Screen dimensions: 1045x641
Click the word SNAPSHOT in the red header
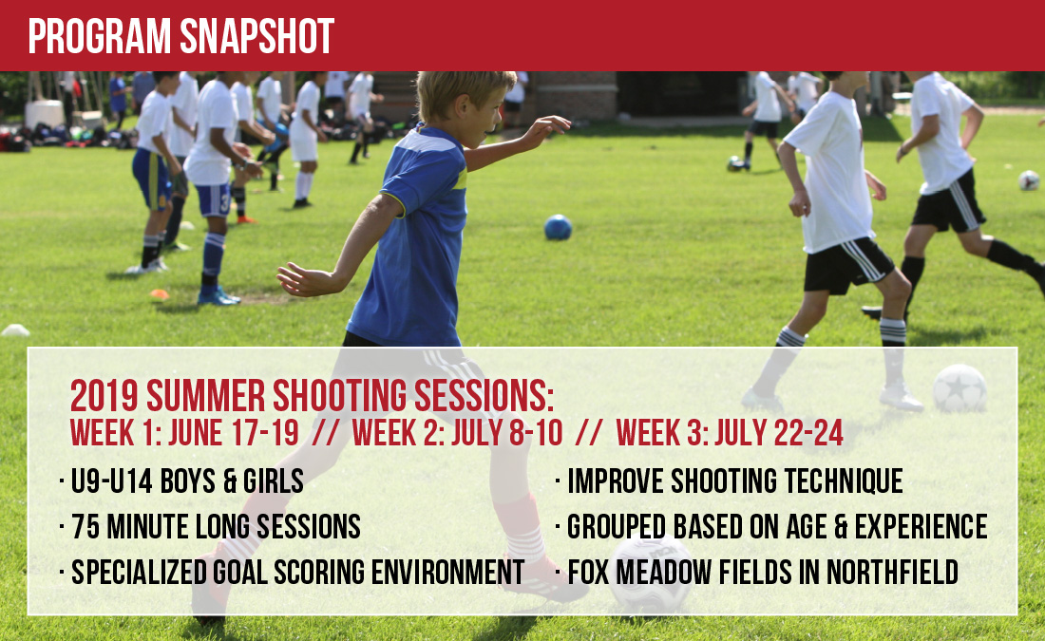256,36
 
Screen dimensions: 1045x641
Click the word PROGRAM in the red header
100,36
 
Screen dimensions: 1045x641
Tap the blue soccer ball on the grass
558,227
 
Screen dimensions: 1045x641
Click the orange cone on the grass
160,293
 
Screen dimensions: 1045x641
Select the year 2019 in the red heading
104,396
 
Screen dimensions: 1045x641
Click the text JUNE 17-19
234,433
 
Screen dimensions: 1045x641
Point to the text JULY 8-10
506,433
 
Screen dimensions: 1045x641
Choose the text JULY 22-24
779,433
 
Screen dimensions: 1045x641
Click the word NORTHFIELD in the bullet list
892,572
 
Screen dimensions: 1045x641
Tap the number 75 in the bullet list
85,526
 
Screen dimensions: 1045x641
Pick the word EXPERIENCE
921,526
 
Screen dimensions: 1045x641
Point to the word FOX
588,572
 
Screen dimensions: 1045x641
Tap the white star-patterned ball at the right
959,387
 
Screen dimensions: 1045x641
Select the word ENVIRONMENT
447,572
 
